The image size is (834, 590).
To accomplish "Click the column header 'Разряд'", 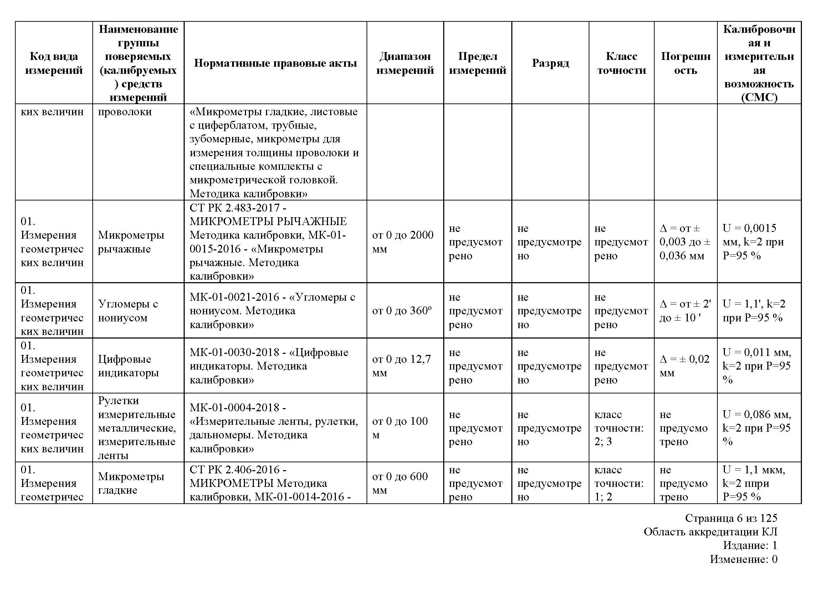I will click(550, 63).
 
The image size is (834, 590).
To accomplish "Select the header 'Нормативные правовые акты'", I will click(275, 63).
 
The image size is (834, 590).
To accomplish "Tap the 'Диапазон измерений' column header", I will click(405, 63).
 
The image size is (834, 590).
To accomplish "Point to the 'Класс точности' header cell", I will click(621, 63).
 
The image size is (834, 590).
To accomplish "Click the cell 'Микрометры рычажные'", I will click(131, 242).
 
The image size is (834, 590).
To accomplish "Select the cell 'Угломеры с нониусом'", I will click(128, 311).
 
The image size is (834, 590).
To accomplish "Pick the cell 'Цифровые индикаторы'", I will click(128, 366).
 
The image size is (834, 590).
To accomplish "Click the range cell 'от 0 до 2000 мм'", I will click(403, 242).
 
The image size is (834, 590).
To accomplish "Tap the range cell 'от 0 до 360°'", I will click(402, 311).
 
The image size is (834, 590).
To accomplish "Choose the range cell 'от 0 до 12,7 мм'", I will click(401, 366).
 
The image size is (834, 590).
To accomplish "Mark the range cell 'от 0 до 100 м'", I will click(400, 428).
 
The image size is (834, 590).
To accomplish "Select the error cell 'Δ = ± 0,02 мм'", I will click(684, 366).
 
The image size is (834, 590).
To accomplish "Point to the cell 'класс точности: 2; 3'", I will click(619, 428).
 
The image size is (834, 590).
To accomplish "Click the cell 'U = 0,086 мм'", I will click(756, 428).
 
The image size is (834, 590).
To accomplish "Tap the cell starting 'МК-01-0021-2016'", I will click(272, 311).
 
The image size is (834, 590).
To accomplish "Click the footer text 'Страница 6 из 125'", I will click(731, 518).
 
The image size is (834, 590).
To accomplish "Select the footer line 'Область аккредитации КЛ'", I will click(710, 532).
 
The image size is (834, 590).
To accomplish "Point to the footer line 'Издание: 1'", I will click(750, 545).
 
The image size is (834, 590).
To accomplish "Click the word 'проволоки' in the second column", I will click(124, 112).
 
